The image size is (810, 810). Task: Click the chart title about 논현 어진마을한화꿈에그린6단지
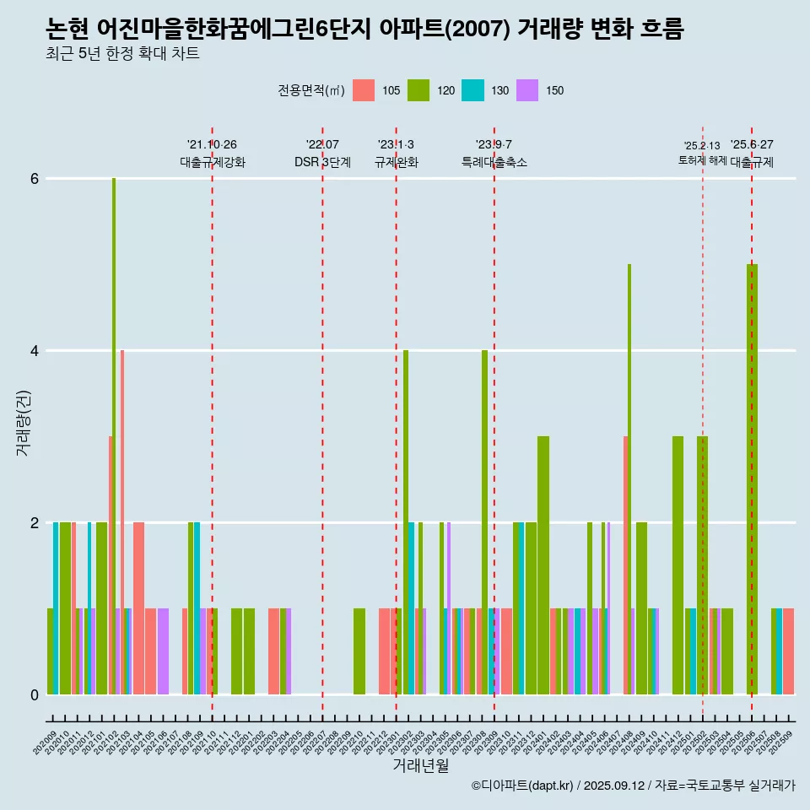[x=364, y=29]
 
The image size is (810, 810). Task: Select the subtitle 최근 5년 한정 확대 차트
[x=123, y=55]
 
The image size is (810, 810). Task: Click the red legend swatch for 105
[x=363, y=90]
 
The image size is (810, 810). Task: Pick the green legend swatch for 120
[x=418, y=90]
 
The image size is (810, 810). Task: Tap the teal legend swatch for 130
[x=472, y=90]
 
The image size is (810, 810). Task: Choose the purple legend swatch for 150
[x=527, y=90]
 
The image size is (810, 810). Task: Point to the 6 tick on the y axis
[x=34, y=179]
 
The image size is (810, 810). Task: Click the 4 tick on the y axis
[x=34, y=351]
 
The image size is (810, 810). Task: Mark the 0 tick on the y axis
[x=34, y=695]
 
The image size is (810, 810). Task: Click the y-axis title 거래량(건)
[x=23, y=422]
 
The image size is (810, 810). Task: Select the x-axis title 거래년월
[x=420, y=766]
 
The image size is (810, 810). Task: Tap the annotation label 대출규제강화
[x=213, y=162]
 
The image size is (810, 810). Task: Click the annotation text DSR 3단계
[x=322, y=162]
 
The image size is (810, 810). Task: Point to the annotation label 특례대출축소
[x=494, y=162]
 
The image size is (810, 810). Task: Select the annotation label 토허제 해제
[x=702, y=160]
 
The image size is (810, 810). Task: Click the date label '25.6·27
[x=752, y=145]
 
